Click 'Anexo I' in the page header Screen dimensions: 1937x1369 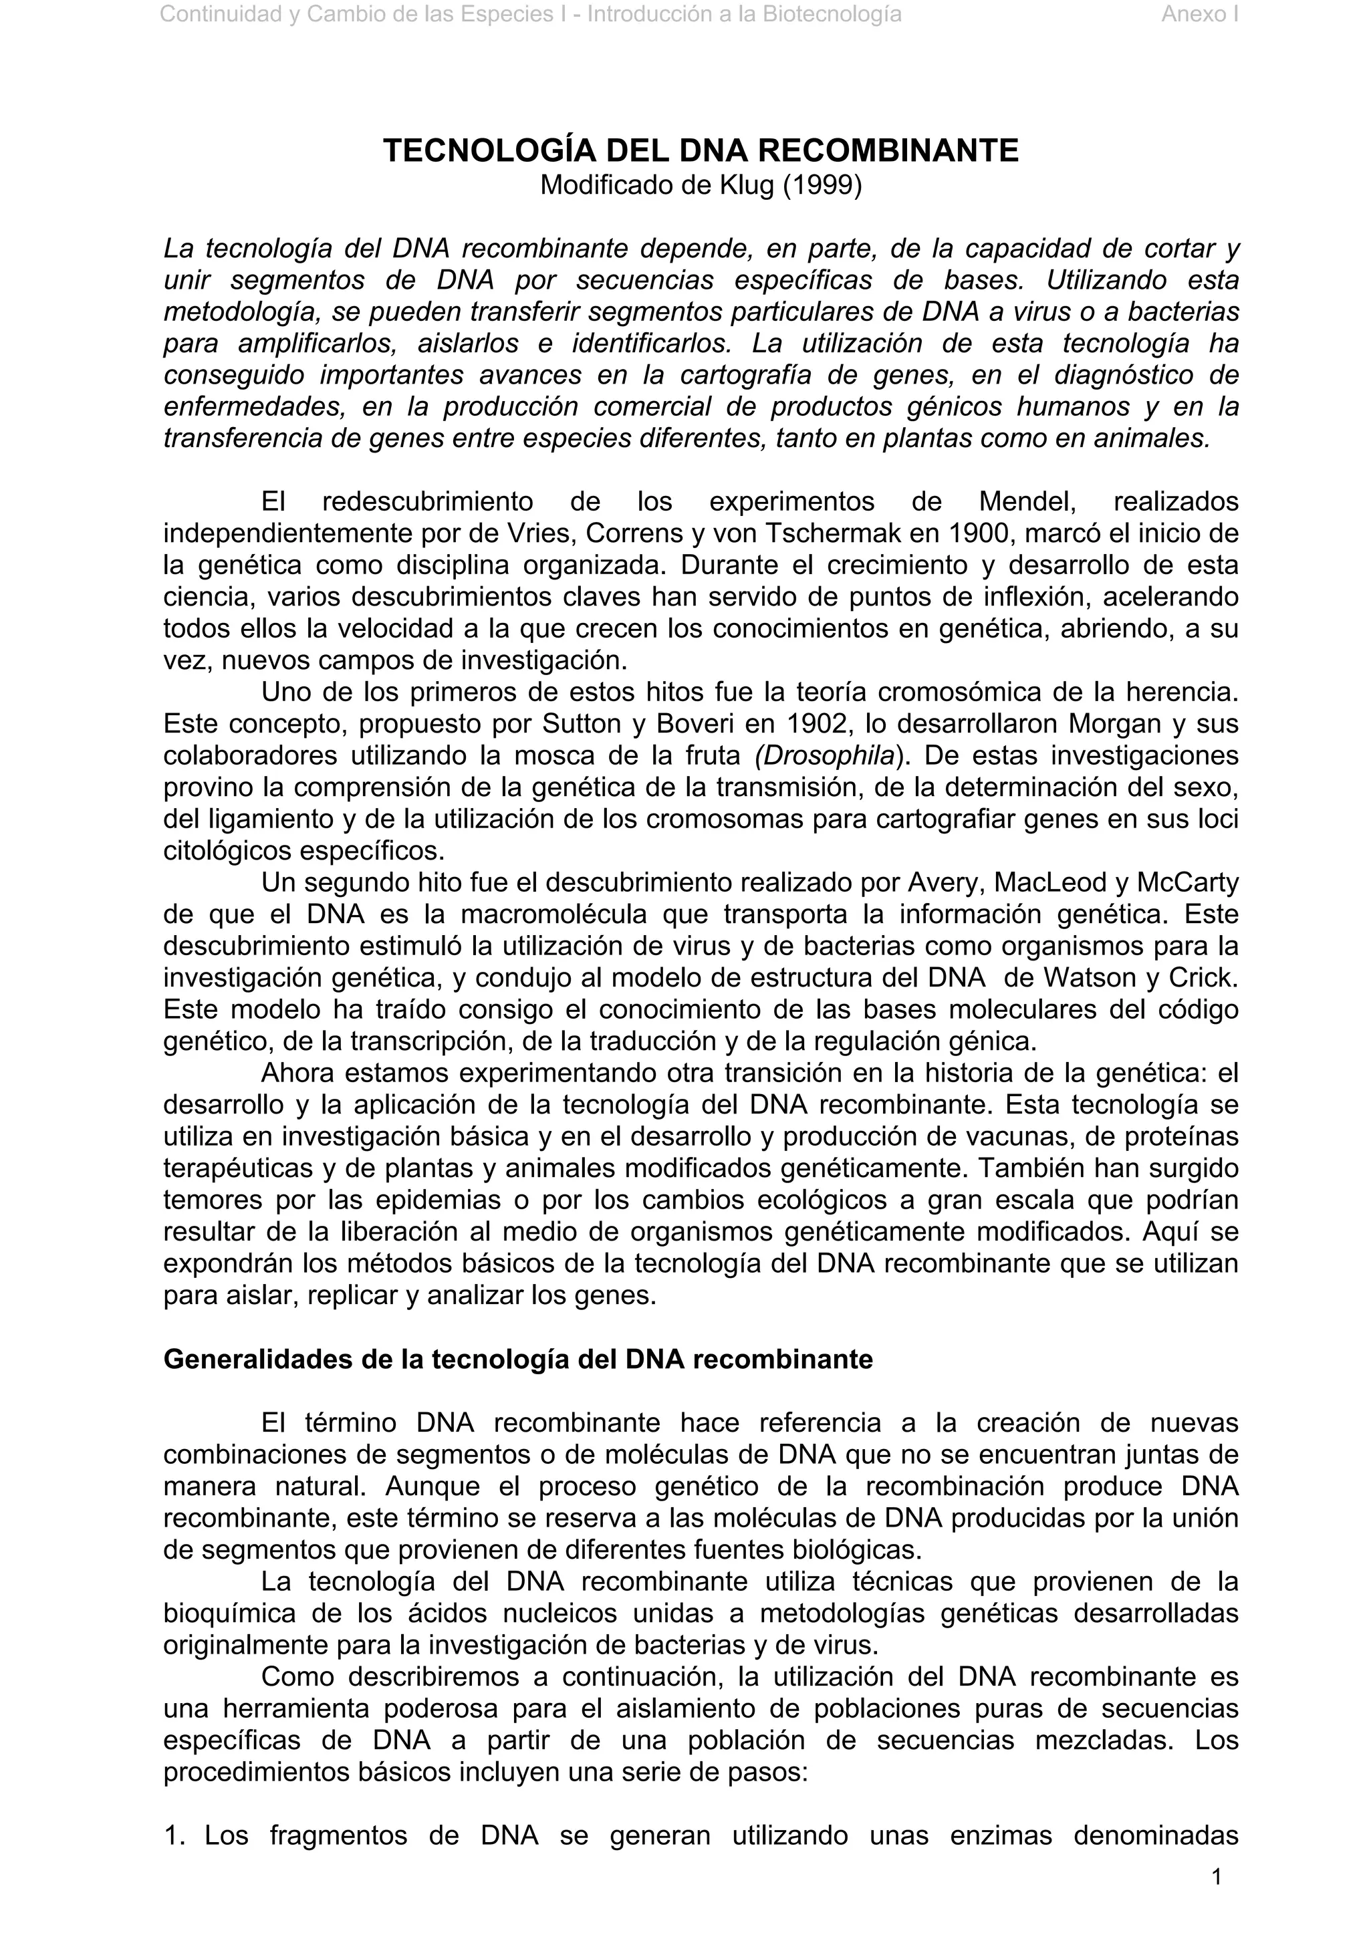point(1199,14)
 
